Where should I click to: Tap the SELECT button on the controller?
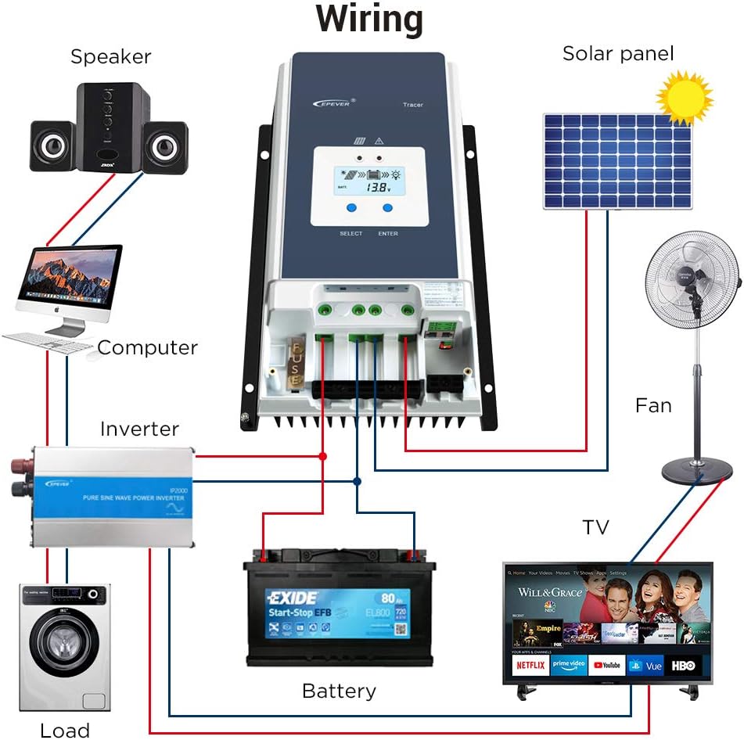(351, 208)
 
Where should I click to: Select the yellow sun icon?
(684, 98)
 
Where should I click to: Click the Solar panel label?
(618, 54)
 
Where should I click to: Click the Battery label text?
(339, 692)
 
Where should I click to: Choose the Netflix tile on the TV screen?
(530, 666)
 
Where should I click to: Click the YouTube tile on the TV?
(607, 666)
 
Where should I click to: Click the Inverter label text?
(139, 429)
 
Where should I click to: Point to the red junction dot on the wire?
(322, 455)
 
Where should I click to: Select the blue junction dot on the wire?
(357, 481)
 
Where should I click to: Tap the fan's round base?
(697, 471)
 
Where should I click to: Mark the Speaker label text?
(110, 56)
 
